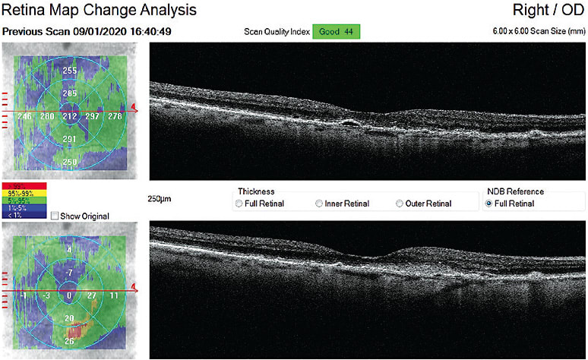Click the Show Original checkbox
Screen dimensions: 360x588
pyautogui.click(x=55, y=216)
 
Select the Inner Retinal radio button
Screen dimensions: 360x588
pyautogui.click(x=319, y=204)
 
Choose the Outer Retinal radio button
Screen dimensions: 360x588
pyautogui.click(x=400, y=204)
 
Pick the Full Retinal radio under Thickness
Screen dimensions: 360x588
pyautogui.click(x=240, y=204)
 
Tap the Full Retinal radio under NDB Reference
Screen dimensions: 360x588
pyautogui.click(x=489, y=204)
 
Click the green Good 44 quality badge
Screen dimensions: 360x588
pyautogui.click(x=334, y=32)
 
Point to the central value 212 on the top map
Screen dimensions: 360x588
pyautogui.click(x=70, y=117)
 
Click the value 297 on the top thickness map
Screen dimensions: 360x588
pyautogui.click(x=93, y=117)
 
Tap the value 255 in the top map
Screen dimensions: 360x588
pyautogui.click(x=70, y=71)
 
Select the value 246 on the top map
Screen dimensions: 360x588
pyautogui.click(x=24, y=117)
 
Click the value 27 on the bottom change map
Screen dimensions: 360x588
pyautogui.click(x=93, y=295)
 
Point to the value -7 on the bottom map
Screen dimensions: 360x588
pyautogui.click(x=69, y=272)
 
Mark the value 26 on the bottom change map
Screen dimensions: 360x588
pyautogui.click(x=69, y=341)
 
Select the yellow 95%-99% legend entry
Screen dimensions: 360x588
pyautogui.click(x=25, y=193)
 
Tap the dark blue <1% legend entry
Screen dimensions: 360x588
pyautogui.click(x=25, y=214)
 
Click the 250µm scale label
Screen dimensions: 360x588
pyautogui.click(x=160, y=199)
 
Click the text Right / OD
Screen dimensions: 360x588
pyautogui.click(x=542, y=11)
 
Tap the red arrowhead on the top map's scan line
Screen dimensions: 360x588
pyautogui.click(x=134, y=108)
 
